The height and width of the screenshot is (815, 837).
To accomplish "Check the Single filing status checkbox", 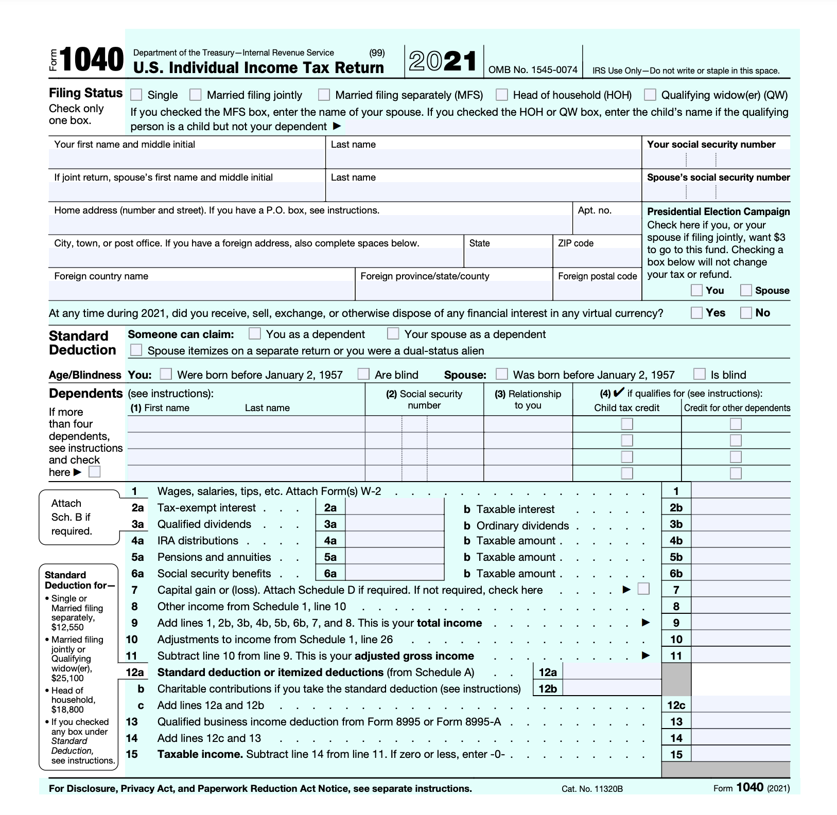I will [x=136, y=95].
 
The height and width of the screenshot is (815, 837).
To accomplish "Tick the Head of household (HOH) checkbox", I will [x=502, y=95].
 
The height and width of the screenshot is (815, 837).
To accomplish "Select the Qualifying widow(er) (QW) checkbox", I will [x=650, y=95].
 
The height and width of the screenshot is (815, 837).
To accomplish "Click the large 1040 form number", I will [x=92, y=60].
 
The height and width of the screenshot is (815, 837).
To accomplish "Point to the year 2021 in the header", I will [x=443, y=62].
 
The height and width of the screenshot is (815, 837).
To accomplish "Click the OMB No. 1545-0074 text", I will [x=533, y=70].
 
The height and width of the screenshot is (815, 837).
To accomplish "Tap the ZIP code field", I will [x=597, y=257].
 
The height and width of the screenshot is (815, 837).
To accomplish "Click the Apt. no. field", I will [x=606, y=225].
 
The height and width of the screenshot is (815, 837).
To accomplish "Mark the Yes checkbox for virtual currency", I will [x=696, y=313].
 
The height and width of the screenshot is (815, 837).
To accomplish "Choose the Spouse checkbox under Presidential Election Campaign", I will [x=746, y=290].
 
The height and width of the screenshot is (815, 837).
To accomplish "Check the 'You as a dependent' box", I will [x=255, y=334].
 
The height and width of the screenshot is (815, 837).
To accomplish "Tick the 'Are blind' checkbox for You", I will [x=363, y=374].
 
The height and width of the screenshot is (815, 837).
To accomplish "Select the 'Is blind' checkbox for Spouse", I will [x=700, y=374].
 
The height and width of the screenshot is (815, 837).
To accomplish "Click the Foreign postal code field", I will [x=597, y=290].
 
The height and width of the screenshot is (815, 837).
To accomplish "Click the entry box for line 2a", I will [x=394, y=508].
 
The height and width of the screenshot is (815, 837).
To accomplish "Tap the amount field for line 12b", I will [x=612, y=688].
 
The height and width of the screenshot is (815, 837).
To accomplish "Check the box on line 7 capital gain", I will [x=643, y=589].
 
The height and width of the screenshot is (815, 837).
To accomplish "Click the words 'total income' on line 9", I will [x=449, y=623].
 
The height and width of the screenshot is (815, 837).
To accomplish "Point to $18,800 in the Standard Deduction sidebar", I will [x=67, y=710].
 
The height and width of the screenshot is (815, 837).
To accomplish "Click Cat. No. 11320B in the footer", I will [x=592, y=789].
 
